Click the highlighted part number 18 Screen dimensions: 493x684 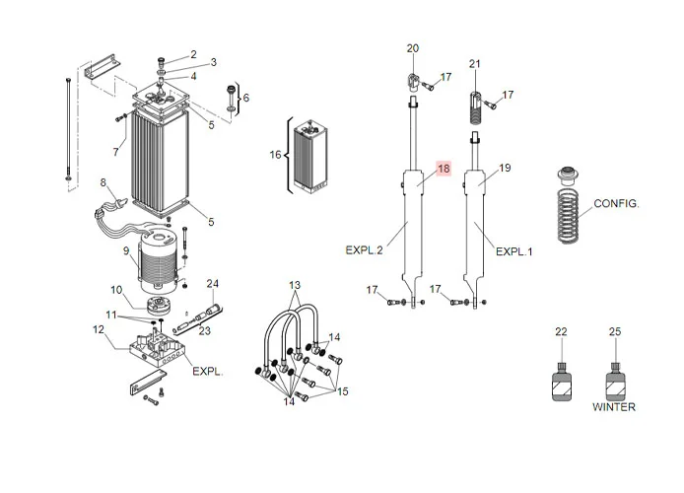(444, 169)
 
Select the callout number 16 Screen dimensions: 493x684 (276, 155)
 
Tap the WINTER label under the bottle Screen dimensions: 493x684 (614, 407)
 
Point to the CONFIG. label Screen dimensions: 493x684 (616, 204)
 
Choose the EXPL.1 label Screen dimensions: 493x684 (513, 251)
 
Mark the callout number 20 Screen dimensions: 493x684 (412, 48)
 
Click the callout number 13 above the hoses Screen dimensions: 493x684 (295, 286)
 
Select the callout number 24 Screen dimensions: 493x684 (212, 285)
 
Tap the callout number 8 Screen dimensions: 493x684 (103, 181)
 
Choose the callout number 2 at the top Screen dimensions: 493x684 (193, 54)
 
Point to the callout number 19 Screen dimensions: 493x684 (505, 169)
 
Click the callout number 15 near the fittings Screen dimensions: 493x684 (343, 391)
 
